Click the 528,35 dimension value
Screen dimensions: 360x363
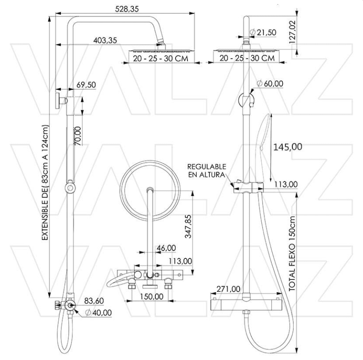pos(126,10)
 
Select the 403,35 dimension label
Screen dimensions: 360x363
pos(105,40)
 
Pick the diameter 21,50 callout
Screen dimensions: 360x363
pos(263,32)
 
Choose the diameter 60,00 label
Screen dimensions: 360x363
pos(269,83)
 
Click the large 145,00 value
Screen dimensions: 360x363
pos(287,147)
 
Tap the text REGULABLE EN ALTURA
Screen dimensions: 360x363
pos(206,170)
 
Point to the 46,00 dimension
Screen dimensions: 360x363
pos(166,248)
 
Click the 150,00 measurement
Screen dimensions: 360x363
pos(151,296)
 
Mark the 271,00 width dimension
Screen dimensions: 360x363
pos(228,289)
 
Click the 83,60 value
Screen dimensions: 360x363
pos(95,301)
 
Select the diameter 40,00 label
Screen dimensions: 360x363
pos(98,313)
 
